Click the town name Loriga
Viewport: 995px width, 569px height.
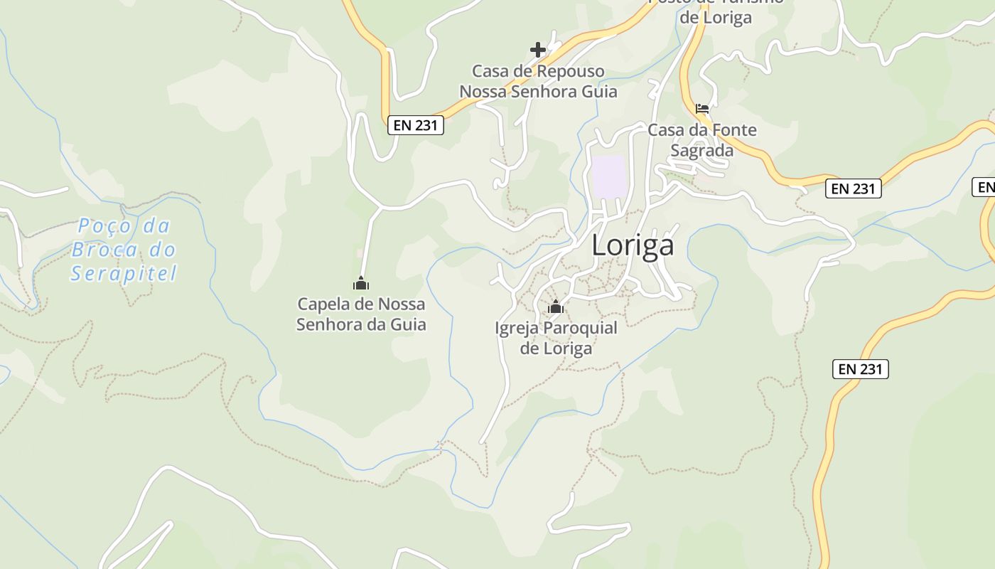click(633, 245)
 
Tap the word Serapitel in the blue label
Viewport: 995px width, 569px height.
click(124, 273)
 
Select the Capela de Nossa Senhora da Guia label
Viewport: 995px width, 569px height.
click(361, 314)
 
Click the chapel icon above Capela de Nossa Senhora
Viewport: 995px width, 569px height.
click(361, 283)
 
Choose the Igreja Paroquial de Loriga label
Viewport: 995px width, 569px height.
click(556, 339)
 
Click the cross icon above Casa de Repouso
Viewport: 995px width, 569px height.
click(538, 50)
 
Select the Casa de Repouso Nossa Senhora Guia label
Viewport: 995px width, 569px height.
click(538, 82)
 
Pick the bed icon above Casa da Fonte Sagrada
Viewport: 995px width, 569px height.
click(702, 109)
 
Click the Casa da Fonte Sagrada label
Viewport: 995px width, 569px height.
click(702, 140)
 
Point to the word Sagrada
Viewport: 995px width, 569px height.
click(702, 151)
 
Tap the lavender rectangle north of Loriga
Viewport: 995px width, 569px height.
click(609, 176)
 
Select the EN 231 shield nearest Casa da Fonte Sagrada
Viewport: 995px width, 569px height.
click(853, 188)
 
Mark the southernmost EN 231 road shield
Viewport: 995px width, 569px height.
click(860, 368)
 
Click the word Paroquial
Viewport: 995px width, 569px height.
click(580, 328)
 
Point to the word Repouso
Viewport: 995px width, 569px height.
click(570, 71)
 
